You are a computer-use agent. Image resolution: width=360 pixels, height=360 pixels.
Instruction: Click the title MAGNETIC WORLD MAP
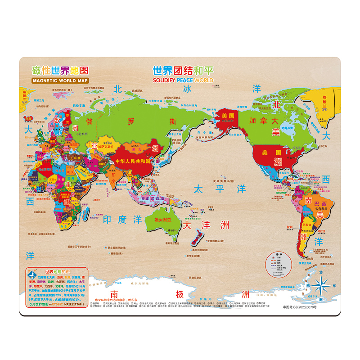coord(60,81)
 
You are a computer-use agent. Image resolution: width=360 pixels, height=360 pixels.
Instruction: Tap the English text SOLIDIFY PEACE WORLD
coord(183,80)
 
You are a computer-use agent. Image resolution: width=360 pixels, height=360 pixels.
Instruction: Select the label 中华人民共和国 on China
coord(133,161)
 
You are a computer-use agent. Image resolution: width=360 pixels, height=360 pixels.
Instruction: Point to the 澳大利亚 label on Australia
coord(164,220)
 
